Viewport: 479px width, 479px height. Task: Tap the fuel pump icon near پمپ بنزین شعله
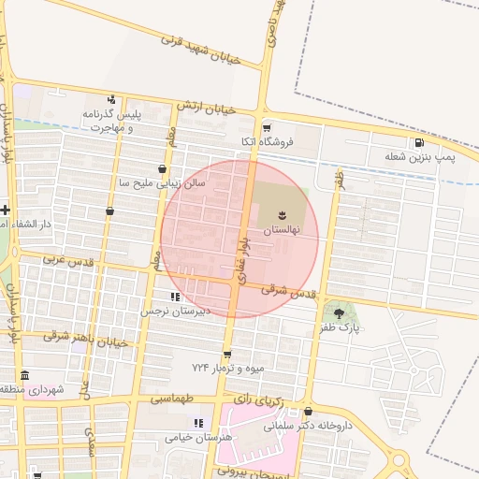[418, 143]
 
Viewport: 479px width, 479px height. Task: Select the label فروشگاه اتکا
[268, 141]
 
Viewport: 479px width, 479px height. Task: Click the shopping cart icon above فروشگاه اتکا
[268, 127]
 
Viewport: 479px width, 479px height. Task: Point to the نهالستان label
[282, 229]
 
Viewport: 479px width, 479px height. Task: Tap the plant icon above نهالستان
[283, 215]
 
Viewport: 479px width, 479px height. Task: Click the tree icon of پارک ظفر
[338, 312]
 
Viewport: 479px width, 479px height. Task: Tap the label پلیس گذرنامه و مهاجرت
[110, 121]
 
